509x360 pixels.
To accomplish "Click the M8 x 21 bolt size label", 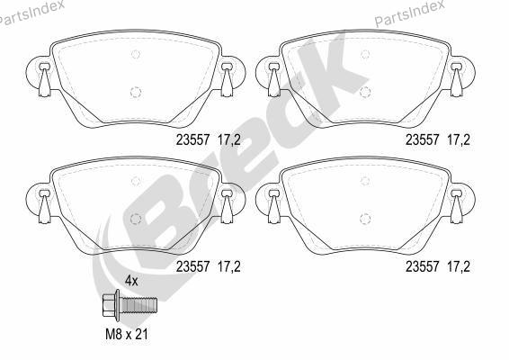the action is [x=127, y=334].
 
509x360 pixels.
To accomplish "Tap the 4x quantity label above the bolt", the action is [x=131, y=281].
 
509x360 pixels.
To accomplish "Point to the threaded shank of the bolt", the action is [x=138, y=305].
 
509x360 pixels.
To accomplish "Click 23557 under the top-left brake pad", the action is [x=193, y=140].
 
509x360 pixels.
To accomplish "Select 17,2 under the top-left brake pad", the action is [x=229, y=140].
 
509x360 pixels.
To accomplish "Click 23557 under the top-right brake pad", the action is [x=423, y=140].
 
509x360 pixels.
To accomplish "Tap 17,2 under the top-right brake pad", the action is [x=459, y=140].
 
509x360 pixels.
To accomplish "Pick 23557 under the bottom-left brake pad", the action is [x=193, y=266].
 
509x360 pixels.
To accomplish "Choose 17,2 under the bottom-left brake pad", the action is [x=229, y=266].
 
